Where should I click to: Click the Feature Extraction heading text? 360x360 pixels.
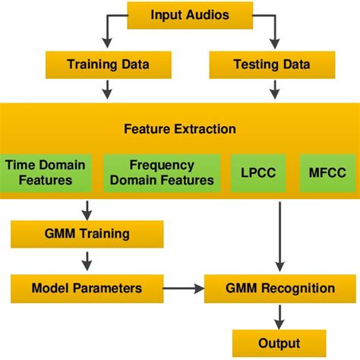pos(180,129)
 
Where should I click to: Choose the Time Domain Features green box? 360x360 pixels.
pos(49,172)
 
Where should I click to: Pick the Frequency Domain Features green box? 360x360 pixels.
pos(162,172)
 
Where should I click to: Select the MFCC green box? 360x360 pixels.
pos(327,172)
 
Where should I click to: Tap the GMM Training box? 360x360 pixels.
pos(87,233)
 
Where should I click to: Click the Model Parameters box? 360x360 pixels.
pos(87,289)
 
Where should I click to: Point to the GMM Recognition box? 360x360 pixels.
pos(280,289)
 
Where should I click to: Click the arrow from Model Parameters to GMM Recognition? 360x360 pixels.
pos(184,289)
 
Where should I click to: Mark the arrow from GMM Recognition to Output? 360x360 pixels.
pos(279,315)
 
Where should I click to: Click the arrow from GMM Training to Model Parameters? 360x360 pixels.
pos(87,261)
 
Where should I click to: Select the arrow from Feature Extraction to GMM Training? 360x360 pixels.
pos(87,209)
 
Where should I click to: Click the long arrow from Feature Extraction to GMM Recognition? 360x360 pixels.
pos(280,235)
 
